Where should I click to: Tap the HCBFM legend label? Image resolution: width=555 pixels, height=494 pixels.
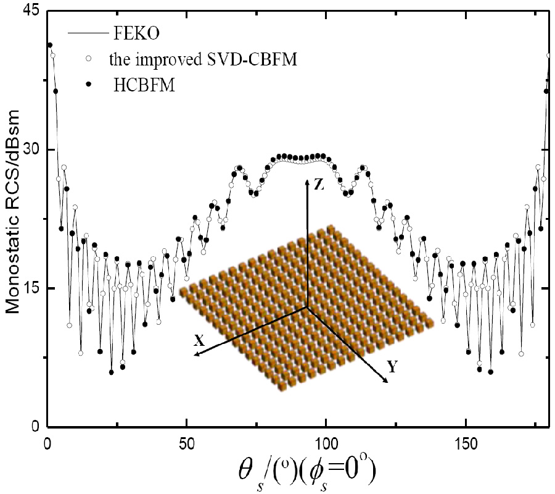145,86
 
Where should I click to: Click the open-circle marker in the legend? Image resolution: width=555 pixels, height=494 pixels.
89,59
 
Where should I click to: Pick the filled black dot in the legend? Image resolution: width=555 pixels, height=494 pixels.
89,86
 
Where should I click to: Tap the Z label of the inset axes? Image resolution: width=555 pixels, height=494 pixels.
318,185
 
